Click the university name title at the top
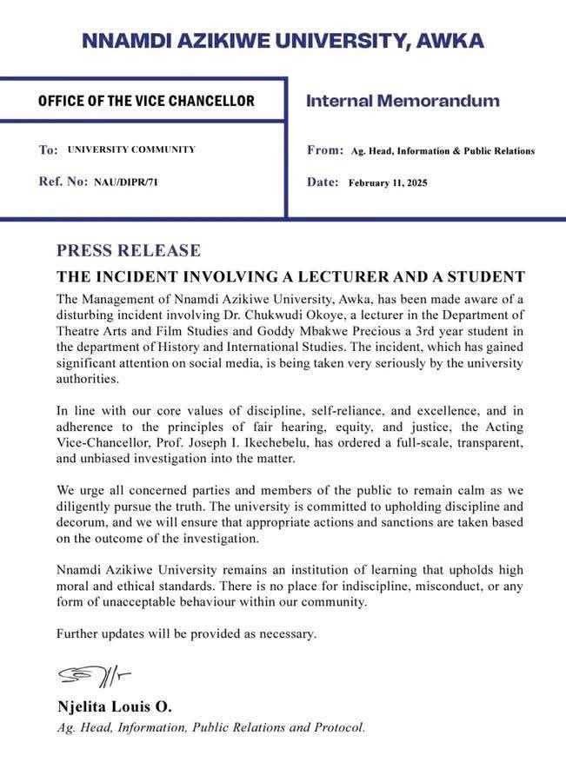click(283, 40)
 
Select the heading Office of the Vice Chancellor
click(146, 101)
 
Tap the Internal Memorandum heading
click(403, 101)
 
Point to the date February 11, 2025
click(388, 182)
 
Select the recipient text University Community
click(131, 149)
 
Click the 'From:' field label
click(325, 150)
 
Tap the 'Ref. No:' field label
click(63, 182)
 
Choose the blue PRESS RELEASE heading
click(129, 251)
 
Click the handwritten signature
click(94, 675)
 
